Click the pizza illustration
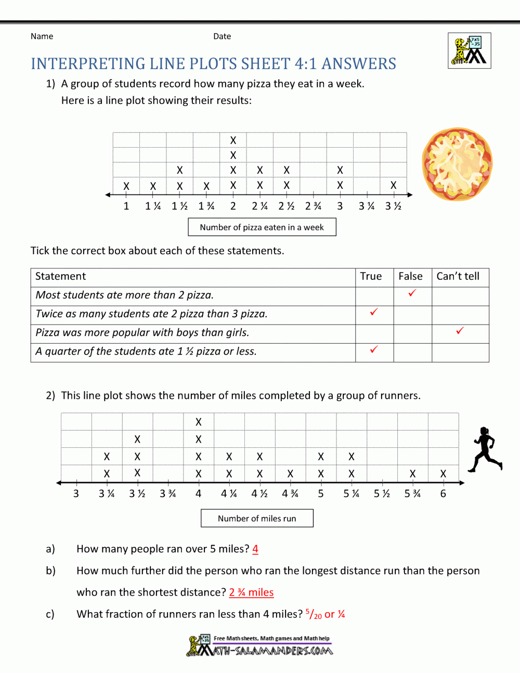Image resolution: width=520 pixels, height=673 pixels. pos(457,165)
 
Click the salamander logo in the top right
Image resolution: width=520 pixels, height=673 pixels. pos(469,50)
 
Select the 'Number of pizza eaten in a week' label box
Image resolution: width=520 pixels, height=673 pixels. pos(262,227)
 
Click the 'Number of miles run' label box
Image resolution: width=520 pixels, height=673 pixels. pos(257,519)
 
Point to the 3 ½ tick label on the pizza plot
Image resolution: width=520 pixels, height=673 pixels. pos(393,206)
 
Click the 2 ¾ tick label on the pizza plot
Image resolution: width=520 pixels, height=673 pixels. pos(313,206)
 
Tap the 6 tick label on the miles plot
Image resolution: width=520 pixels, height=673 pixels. pos(443,494)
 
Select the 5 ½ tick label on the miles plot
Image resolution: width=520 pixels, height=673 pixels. pos(382,494)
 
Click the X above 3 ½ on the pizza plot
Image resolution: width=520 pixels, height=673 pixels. pos(393,185)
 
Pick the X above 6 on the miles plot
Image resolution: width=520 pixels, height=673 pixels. pos(443,474)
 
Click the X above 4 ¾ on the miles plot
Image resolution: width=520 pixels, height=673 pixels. pos(290,474)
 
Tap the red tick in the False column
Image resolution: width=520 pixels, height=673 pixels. pos(412,293)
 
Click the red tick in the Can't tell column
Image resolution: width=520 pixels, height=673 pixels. pos(460,331)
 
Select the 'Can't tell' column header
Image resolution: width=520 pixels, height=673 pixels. pos(458,276)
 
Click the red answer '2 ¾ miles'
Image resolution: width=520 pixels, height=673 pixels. pos(251,592)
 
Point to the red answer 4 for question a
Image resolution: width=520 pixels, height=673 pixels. pos(255,549)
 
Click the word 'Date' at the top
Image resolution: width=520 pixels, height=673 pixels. pos(222,36)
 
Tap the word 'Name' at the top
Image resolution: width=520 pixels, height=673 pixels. pos(42,36)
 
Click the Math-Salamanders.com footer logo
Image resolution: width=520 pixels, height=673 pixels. pos(260,645)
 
